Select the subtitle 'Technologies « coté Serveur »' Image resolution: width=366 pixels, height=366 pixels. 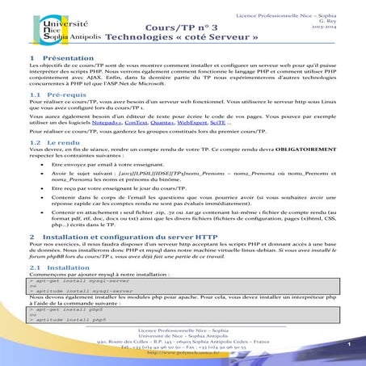click(184, 37)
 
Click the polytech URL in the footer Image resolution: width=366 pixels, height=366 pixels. click(183, 353)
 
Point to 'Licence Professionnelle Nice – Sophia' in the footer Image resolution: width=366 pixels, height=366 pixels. click(183, 331)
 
